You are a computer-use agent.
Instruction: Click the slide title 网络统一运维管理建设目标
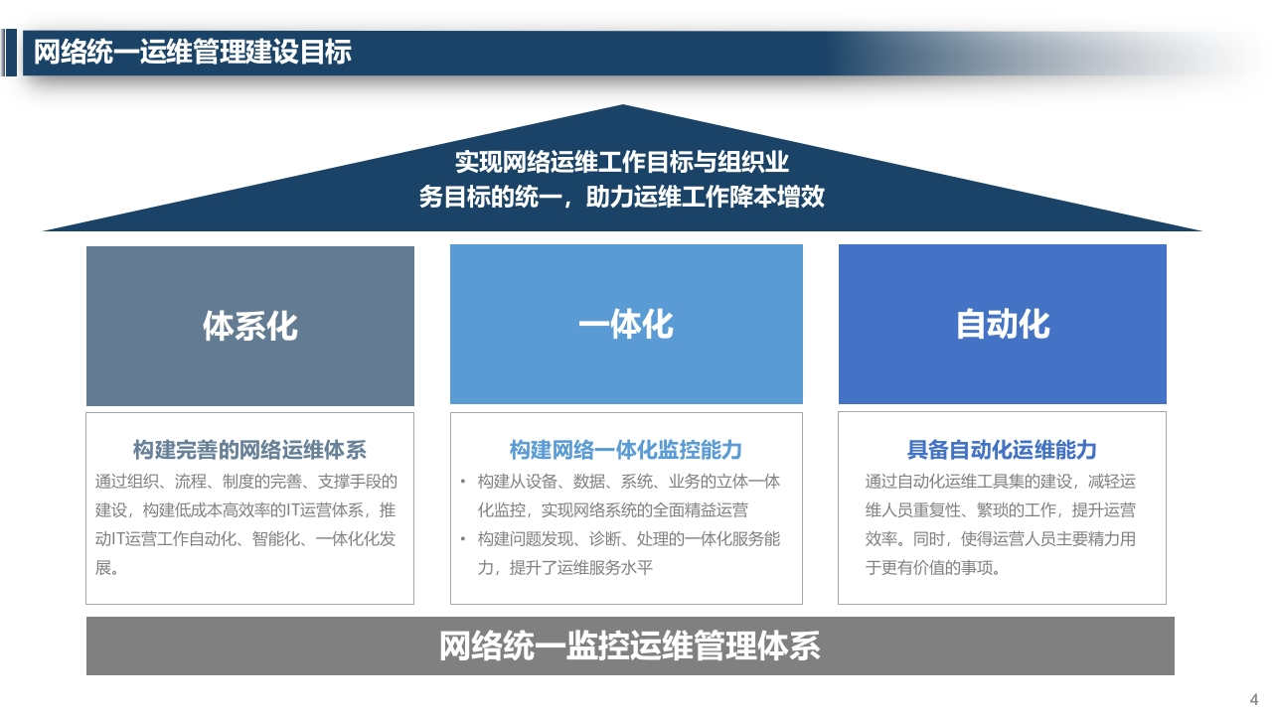pos(193,53)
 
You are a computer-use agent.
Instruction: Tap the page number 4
pos(1254,699)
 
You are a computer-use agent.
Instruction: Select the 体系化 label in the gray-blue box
pos(249,327)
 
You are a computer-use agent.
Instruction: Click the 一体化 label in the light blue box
pos(626,325)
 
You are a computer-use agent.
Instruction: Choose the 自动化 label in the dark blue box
pos(1003,325)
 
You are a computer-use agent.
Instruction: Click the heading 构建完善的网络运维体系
pos(249,450)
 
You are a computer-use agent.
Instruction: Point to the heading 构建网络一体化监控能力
pos(626,450)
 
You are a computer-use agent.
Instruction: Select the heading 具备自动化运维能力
pos(1002,450)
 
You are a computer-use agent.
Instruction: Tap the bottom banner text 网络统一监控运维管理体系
pos(630,645)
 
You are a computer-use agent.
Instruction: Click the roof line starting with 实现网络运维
pos(622,162)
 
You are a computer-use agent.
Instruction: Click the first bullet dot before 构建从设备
pos(463,482)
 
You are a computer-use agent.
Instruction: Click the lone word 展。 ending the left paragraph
pos(106,567)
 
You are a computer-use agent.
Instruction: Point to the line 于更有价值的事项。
pos(932,567)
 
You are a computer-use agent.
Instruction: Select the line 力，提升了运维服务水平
pos(565,567)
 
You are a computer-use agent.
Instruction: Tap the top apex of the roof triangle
pos(622,105)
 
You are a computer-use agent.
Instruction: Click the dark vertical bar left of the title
pos(11,53)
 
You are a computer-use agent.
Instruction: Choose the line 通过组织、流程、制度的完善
pos(245,482)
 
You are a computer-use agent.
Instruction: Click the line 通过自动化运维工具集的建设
pos(1000,482)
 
